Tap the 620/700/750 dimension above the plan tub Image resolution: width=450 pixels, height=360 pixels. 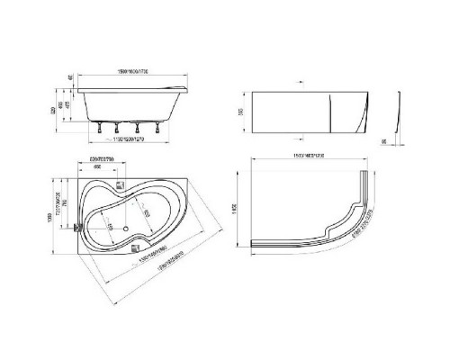point(108,162)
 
